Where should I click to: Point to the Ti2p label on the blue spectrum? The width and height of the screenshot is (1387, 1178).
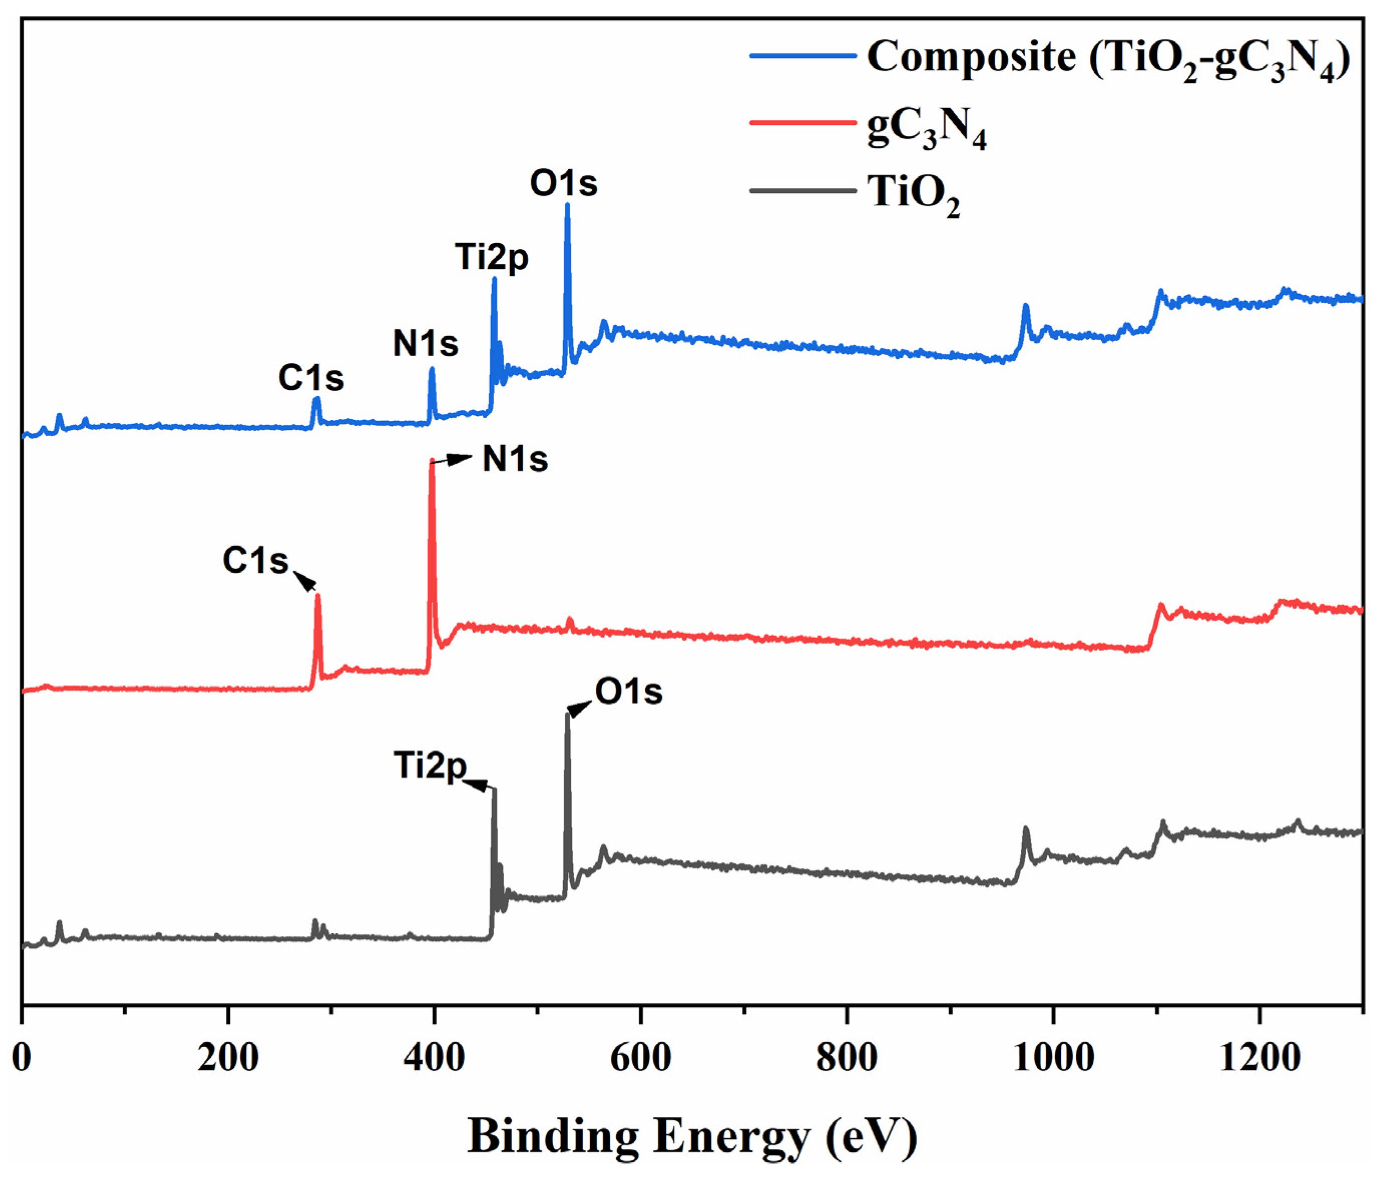(x=492, y=257)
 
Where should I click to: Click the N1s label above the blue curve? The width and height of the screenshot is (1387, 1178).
(x=425, y=344)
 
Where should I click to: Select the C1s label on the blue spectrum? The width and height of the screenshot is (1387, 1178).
(x=311, y=378)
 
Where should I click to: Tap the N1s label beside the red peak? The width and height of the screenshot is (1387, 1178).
(x=515, y=459)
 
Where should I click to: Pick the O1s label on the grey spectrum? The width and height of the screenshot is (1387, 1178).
(x=628, y=692)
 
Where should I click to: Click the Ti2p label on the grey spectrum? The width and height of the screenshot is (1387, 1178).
(x=430, y=765)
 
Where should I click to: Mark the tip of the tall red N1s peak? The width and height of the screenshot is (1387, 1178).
(x=432, y=461)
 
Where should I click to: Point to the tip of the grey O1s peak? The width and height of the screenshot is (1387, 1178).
(x=568, y=715)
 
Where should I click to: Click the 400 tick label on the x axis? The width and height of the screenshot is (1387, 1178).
(x=434, y=1058)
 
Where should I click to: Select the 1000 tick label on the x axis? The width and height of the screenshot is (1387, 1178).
(x=1053, y=1058)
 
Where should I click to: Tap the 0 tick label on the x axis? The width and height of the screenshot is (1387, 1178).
(x=22, y=1058)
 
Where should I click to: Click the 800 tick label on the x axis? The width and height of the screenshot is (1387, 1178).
(x=847, y=1058)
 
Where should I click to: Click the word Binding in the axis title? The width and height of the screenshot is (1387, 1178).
(x=553, y=1136)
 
